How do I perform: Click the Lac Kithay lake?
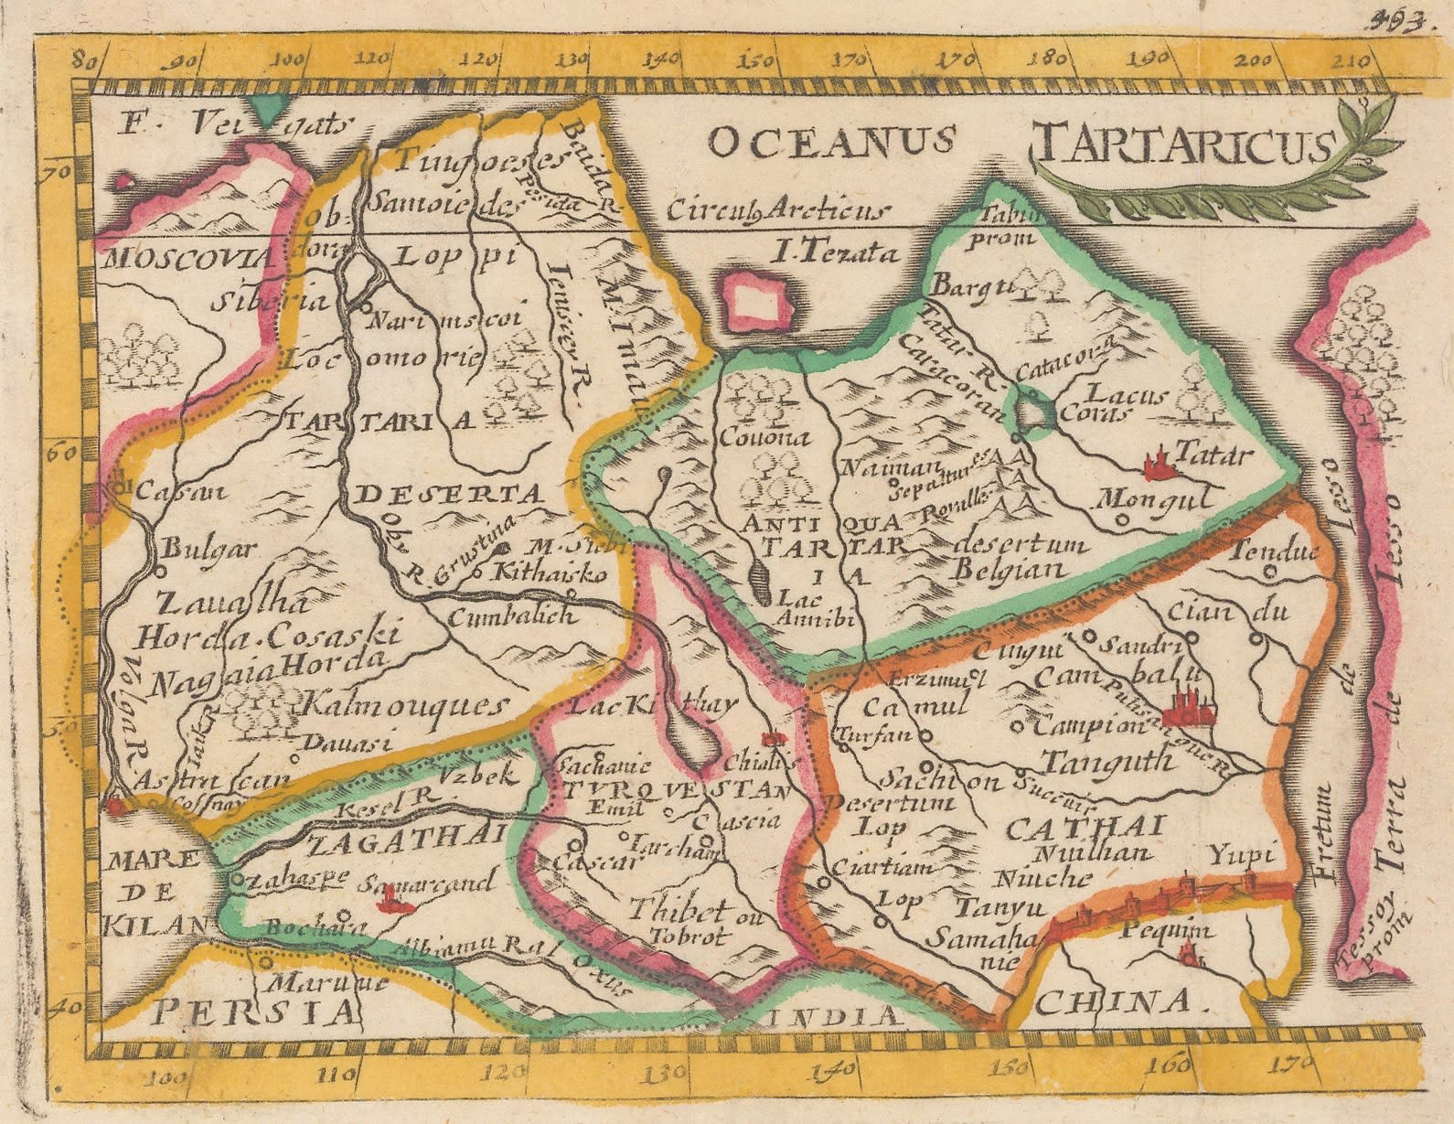click(692, 736)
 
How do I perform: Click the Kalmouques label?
click(402, 706)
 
